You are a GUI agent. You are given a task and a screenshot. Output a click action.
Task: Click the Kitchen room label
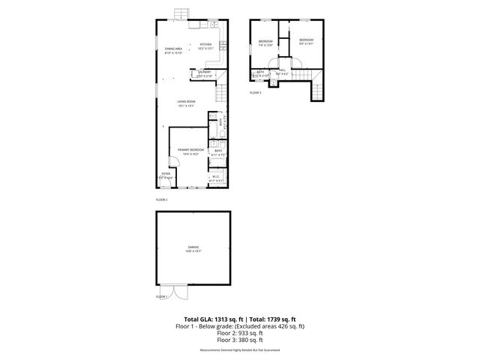[205, 45]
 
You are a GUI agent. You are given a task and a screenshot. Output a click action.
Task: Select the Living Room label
[186, 103]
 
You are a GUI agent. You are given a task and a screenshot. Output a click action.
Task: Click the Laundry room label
[205, 73]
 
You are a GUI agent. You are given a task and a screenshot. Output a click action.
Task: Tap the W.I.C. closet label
[215, 178]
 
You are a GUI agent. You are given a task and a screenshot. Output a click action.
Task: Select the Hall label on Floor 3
[283, 70]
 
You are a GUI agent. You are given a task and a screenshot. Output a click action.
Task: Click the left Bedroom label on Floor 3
[265, 41]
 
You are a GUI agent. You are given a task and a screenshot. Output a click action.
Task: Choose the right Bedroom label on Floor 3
[305, 40]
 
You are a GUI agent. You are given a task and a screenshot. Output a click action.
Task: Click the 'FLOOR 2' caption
[161, 200]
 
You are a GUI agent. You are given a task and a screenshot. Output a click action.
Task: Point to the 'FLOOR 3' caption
[256, 93]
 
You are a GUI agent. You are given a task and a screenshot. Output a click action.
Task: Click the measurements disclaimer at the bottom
[240, 350]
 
